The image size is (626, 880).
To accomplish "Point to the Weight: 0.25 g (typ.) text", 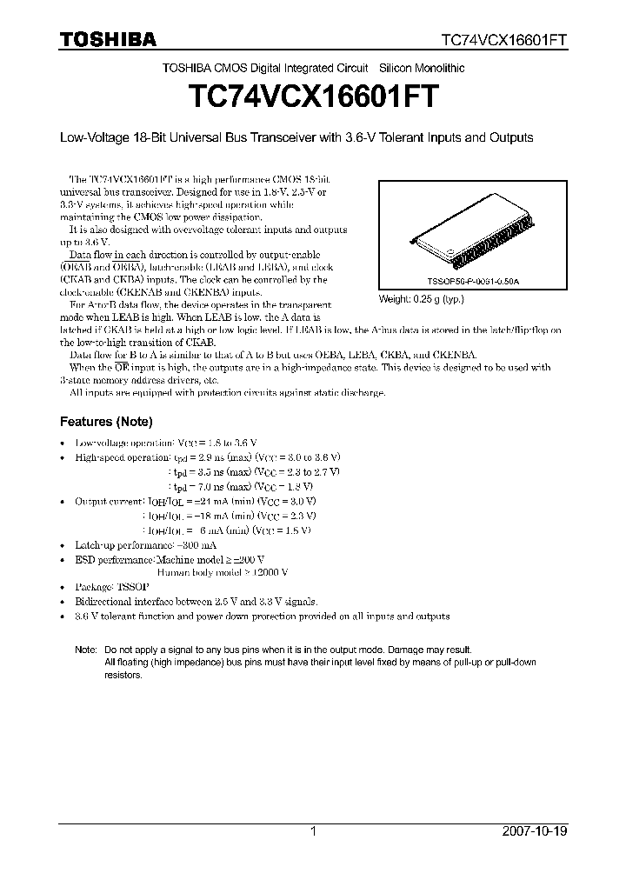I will click(x=421, y=299).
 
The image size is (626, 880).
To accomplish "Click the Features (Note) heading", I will click(x=105, y=422).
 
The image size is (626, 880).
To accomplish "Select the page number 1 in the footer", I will click(x=313, y=831).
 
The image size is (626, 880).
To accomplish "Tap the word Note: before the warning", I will click(x=86, y=650).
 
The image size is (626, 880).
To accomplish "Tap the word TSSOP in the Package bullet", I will click(x=136, y=587).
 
